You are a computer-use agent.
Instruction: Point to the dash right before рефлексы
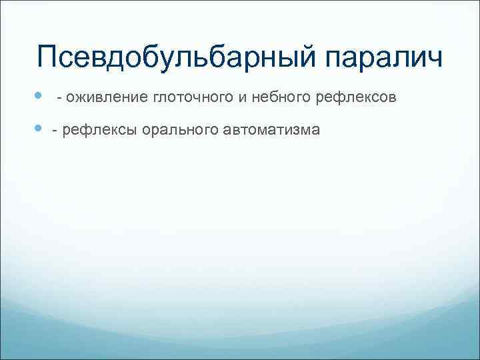(x=55, y=130)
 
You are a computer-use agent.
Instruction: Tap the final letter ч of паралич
(x=435, y=59)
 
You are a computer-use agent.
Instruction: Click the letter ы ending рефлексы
(x=132, y=129)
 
